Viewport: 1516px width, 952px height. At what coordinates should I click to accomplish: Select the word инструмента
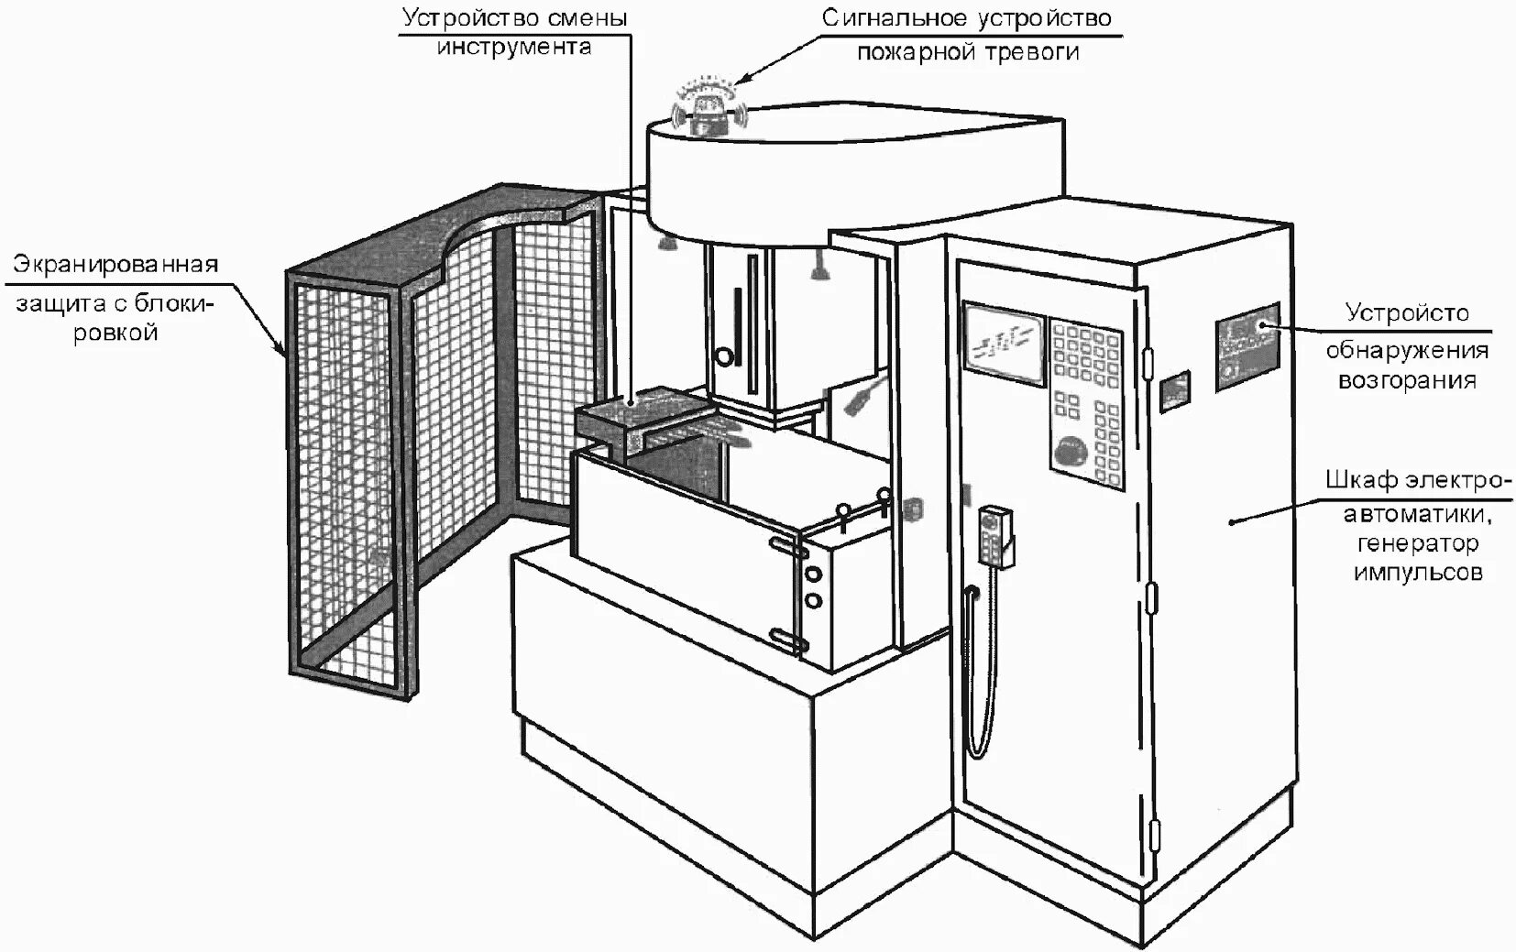(514, 47)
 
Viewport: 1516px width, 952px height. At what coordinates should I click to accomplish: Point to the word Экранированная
(115, 265)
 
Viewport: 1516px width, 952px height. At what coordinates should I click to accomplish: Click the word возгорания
(1407, 380)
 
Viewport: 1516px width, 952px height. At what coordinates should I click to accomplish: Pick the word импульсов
(1417, 574)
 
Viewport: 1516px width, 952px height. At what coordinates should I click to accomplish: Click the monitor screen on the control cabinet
(1004, 339)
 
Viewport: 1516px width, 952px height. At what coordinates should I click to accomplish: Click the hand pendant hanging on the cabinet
(994, 536)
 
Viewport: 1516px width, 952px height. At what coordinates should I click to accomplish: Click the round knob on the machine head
(725, 356)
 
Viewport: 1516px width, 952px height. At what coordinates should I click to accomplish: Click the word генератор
(1417, 543)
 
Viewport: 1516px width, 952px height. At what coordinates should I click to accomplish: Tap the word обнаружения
(1407, 349)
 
